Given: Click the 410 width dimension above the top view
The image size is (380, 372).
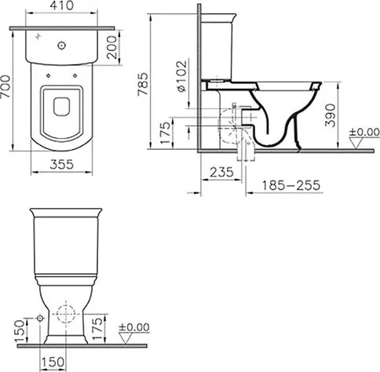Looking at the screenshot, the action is (62, 5).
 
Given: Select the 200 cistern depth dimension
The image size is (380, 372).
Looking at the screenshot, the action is (111, 47).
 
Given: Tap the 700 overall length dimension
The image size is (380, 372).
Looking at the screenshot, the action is (5, 86).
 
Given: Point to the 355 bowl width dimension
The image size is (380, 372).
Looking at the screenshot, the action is (62, 165).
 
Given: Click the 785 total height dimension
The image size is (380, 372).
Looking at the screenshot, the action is (143, 84).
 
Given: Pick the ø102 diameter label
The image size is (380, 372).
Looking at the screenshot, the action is (182, 76).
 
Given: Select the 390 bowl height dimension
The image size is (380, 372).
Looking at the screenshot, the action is (330, 115).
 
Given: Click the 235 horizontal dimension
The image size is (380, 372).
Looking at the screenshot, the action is (221, 172).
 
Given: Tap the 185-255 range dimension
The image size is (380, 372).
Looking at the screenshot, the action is (291, 185).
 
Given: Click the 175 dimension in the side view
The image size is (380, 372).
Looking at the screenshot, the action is (165, 133).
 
